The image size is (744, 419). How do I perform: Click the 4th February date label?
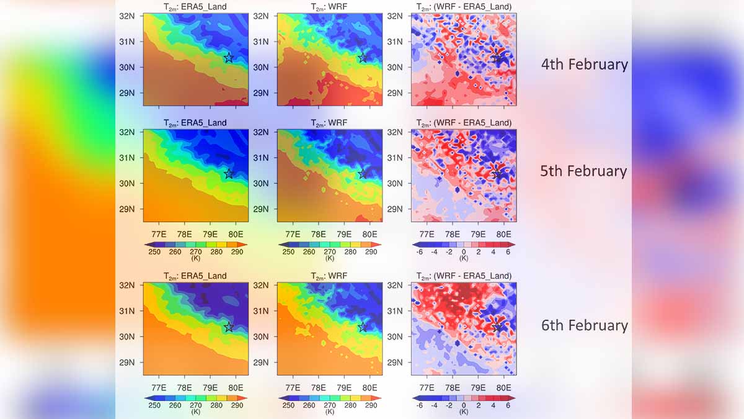[x=584, y=64]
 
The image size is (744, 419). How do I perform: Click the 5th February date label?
[x=583, y=171]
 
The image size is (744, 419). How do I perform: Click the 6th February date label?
[x=584, y=325]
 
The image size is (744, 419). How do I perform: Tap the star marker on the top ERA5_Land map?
[x=229, y=58]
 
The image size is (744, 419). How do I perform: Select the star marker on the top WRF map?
[x=363, y=58]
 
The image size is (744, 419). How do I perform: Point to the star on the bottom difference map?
[x=497, y=327]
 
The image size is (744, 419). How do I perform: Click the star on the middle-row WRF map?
[x=363, y=174]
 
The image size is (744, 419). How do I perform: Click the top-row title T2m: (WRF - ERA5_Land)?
[x=464, y=7]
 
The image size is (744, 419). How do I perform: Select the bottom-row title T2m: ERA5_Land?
[x=195, y=276]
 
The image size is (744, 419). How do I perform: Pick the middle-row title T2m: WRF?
[x=330, y=123]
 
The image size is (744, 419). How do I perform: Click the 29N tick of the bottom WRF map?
[x=261, y=363]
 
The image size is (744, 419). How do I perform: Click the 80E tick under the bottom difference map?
[x=503, y=387]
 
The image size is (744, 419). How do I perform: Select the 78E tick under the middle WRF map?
[x=318, y=234]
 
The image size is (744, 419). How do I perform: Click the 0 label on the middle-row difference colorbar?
[x=464, y=252]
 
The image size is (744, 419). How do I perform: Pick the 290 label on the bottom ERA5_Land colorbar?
[x=236, y=405]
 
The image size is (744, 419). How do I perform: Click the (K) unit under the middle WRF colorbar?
[x=330, y=258]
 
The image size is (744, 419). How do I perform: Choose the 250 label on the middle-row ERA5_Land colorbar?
[x=154, y=252]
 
